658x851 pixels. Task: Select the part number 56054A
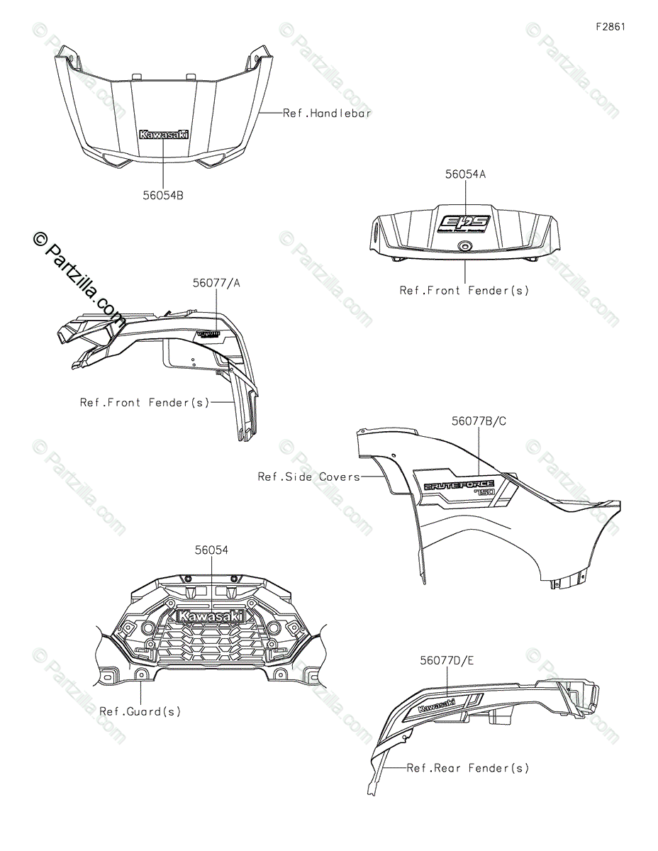464,174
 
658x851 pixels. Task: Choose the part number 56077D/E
447,660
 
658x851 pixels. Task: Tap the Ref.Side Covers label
308,477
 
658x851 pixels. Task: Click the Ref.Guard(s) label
140,711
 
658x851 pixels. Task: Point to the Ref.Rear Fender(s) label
468,768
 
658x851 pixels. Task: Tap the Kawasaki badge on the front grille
211,616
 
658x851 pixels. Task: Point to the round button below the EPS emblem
464,245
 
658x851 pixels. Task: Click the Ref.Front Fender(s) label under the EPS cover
464,290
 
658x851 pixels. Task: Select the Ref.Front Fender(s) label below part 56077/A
145,402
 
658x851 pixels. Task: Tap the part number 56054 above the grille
212,550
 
